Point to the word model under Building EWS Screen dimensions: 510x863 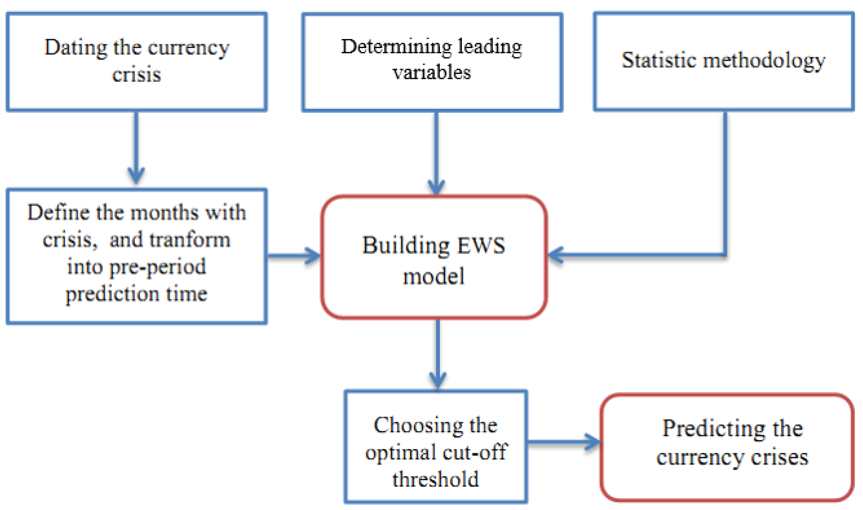click(x=434, y=276)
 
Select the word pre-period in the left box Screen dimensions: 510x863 click(x=158, y=267)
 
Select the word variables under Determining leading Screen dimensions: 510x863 click(x=431, y=73)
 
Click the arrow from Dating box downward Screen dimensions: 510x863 click(x=136, y=148)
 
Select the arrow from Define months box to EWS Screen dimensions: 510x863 click(x=294, y=256)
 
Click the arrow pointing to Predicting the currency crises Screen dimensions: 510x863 click(x=563, y=442)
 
